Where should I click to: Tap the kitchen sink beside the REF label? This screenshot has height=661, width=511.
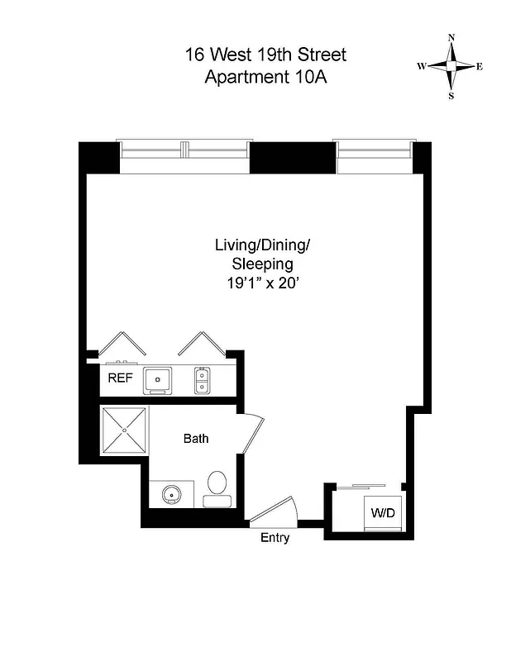[157, 380]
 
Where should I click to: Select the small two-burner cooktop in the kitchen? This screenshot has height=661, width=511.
[202, 380]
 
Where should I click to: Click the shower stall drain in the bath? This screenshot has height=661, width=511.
[124, 430]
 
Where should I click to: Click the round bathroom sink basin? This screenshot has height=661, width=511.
[172, 495]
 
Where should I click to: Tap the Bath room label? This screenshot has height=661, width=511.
[196, 439]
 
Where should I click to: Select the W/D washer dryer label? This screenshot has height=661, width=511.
[382, 513]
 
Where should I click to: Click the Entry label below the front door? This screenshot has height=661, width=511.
[275, 538]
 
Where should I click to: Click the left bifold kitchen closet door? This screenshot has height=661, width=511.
[124, 345]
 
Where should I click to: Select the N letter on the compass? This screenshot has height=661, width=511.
[451, 38]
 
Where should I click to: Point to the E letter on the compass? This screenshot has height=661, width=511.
[480, 67]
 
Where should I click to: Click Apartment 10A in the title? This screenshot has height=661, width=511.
[265, 78]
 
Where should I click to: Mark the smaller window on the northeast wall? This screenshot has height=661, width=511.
[373, 155]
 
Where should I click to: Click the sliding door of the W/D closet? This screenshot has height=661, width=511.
[367, 487]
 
